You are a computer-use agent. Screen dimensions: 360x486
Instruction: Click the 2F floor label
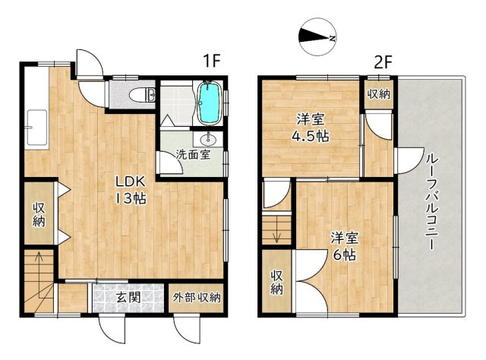pos(382,61)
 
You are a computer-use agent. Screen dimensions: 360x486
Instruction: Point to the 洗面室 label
pos(193,154)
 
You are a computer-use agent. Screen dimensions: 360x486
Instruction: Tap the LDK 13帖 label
pos(131,190)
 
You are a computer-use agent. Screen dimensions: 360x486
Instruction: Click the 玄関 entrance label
pos(128,297)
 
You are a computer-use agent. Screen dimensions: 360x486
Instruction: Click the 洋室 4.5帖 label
pos(311,128)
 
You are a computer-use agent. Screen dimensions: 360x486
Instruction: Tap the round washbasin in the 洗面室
pos(208,141)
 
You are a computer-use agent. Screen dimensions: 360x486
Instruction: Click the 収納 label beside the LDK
pos(39,214)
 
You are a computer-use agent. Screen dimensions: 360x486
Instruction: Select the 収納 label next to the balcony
pos(378,94)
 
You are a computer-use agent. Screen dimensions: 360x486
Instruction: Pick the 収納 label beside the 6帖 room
pos(277,283)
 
